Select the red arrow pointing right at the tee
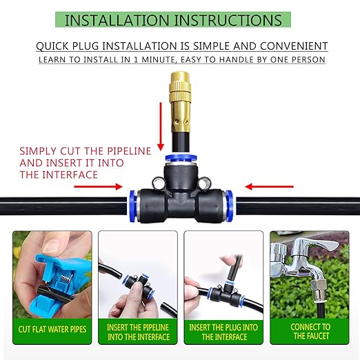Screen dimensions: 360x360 pyautogui.click(x=107, y=185)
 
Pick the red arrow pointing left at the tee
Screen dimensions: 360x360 pyautogui.click(x=259, y=185)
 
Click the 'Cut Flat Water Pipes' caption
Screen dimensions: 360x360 pyautogui.click(x=52, y=328)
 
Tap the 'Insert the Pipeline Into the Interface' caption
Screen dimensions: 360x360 pyautogui.click(x=137, y=332)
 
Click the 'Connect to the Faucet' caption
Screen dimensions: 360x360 pyautogui.click(x=310, y=332)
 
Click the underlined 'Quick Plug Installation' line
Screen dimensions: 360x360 pyautogui.click(x=181, y=46)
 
